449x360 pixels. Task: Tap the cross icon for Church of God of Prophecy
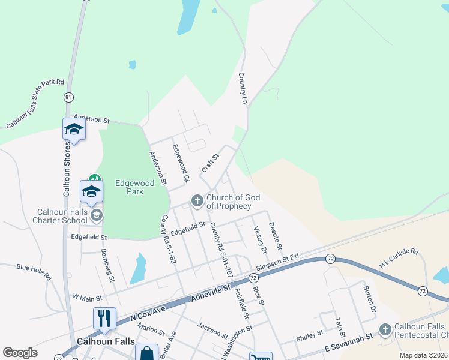tap(197, 201)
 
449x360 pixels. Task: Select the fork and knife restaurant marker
tap(104, 317)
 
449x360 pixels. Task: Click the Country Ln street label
tap(243, 89)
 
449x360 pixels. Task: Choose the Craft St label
tap(210, 163)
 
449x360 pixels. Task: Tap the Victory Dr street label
tap(259, 239)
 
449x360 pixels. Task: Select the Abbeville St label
tap(211, 291)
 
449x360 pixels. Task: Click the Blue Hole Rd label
tap(34, 271)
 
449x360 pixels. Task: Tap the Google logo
tap(20, 352)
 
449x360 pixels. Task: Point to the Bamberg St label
tap(107, 265)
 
